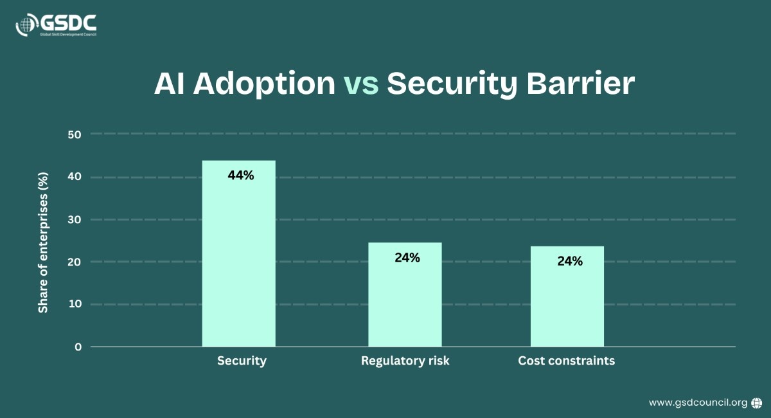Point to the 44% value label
tap(241, 174)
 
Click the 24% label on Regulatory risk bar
tap(407, 258)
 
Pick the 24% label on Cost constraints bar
tap(570, 262)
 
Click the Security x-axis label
tap(242, 361)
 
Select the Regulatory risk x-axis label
tap(405, 361)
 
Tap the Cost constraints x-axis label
tap(566, 361)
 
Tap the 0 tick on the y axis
tap(78, 347)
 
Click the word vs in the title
tap(361, 84)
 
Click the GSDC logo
tap(56, 25)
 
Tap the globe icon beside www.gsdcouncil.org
tap(757, 403)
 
